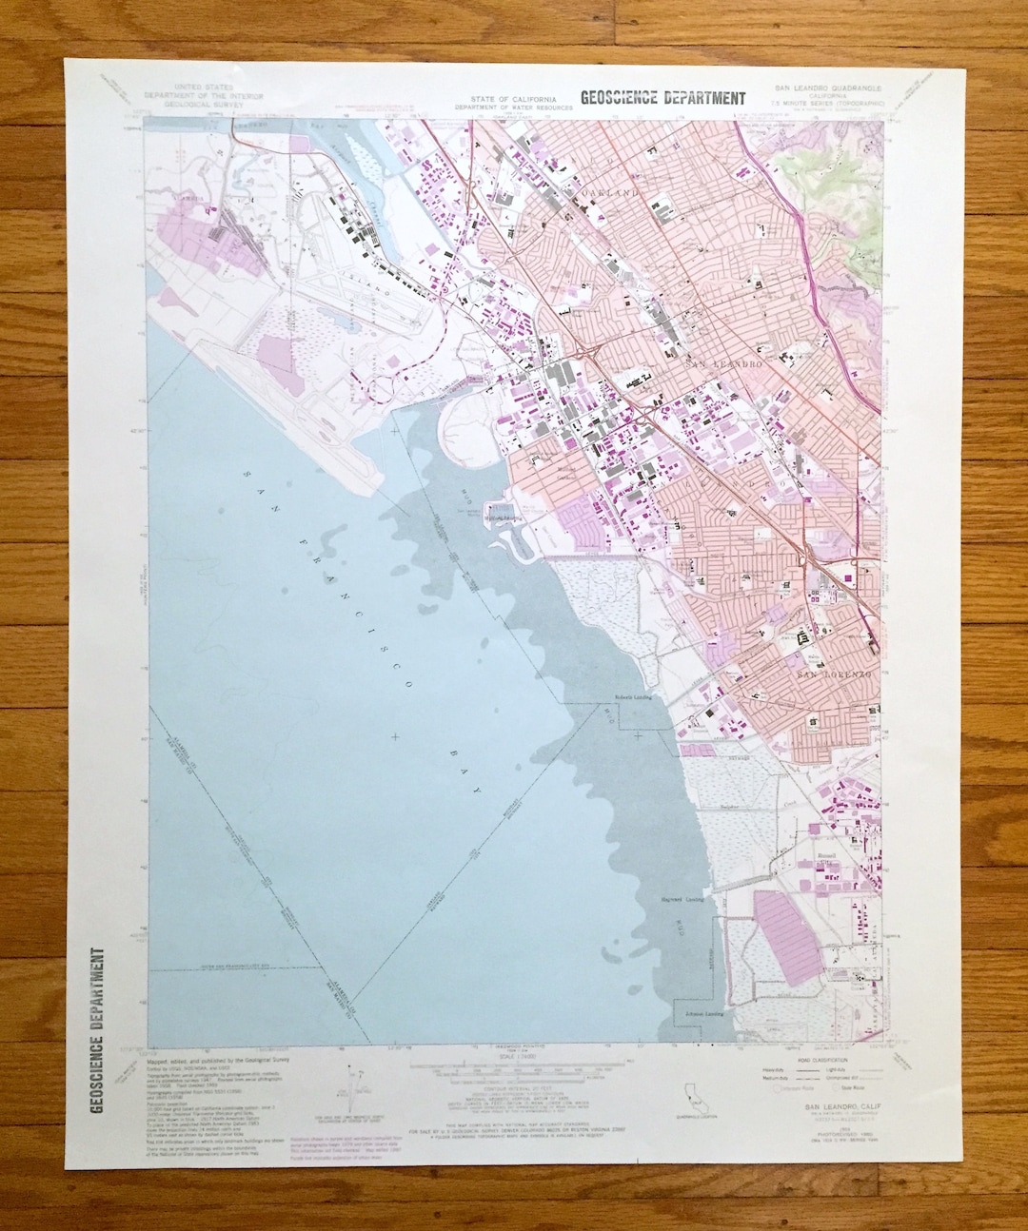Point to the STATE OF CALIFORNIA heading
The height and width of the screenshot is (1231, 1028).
[514, 100]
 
